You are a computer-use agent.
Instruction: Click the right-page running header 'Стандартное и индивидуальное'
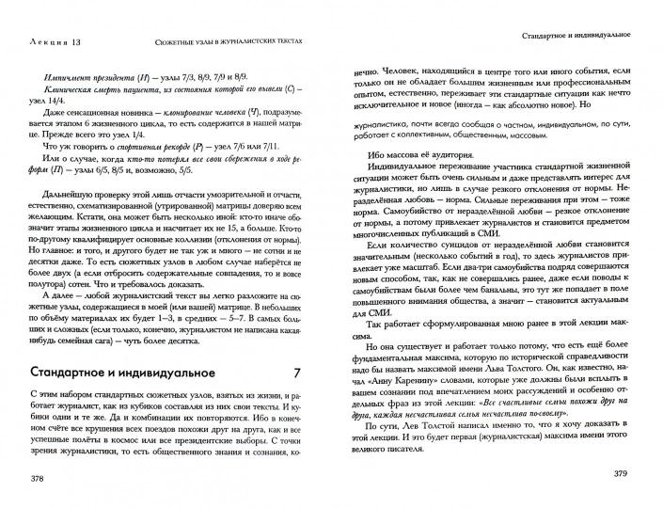pyautogui.click(x=575, y=37)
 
